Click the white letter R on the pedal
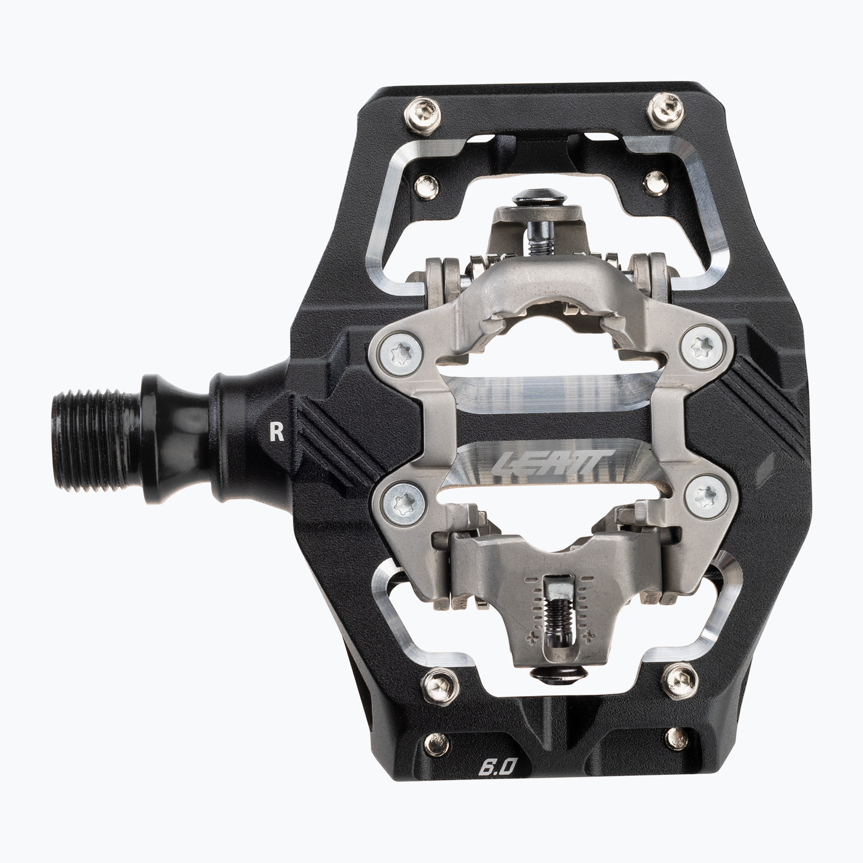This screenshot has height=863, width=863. click(x=277, y=432)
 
